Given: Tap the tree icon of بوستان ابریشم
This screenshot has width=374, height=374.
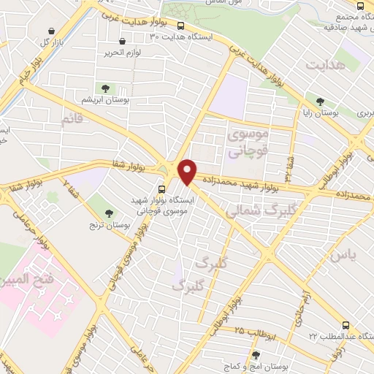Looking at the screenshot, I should click(106, 88).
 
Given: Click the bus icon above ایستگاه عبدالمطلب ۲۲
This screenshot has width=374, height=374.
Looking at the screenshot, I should click(346, 326).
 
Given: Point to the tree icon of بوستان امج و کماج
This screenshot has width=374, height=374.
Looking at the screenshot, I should click(255, 355).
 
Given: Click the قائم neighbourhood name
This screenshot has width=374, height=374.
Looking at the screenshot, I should click(77, 119).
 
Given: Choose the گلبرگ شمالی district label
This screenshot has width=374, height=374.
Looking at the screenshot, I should click(252, 210).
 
